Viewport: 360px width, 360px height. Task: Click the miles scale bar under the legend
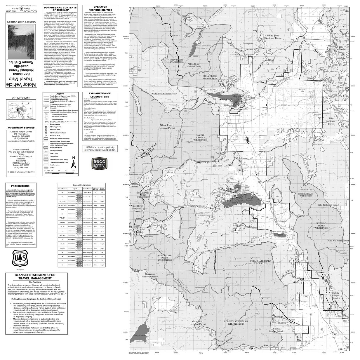[58, 173]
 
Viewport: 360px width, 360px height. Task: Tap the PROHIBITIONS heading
[20, 186]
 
